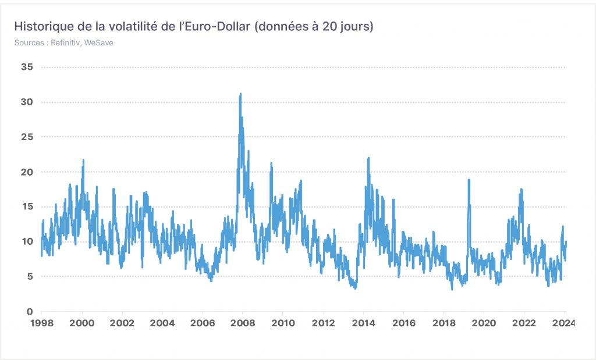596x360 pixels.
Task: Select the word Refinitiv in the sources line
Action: [x=65, y=42]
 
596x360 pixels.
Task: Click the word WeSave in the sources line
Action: [x=98, y=42]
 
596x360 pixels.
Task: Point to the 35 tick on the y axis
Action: [x=27, y=67]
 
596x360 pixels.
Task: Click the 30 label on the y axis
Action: [x=27, y=102]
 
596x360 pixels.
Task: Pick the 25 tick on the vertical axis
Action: [x=27, y=137]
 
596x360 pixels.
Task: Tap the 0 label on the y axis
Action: [x=30, y=312]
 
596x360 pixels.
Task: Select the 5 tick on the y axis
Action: [x=30, y=276]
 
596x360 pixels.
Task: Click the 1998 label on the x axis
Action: [x=42, y=323]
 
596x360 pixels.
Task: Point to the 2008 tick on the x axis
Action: [x=243, y=323]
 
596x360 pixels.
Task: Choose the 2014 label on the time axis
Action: [x=363, y=323]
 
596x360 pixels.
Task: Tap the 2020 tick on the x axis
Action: [x=484, y=323]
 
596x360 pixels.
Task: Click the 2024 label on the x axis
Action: [x=564, y=323]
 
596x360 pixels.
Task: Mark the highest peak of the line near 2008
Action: [x=240, y=94]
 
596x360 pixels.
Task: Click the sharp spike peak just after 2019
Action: [x=469, y=180]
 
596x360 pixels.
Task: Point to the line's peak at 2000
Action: [x=83, y=161]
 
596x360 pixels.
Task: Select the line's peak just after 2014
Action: [x=368, y=158]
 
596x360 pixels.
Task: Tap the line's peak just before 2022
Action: [x=521, y=189]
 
